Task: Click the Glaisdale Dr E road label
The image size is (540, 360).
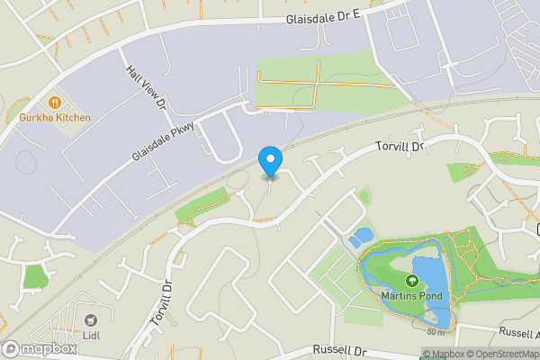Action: coord(323,18)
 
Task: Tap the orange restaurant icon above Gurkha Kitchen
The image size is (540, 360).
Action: coord(54,103)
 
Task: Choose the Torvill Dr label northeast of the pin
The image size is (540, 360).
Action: coord(399,146)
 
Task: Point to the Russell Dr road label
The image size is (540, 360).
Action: coord(340,350)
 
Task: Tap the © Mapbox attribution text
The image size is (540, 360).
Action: coord(444,354)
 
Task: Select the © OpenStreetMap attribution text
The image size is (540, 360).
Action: coord(502,354)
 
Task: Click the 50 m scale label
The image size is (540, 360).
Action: coord(436,332)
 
